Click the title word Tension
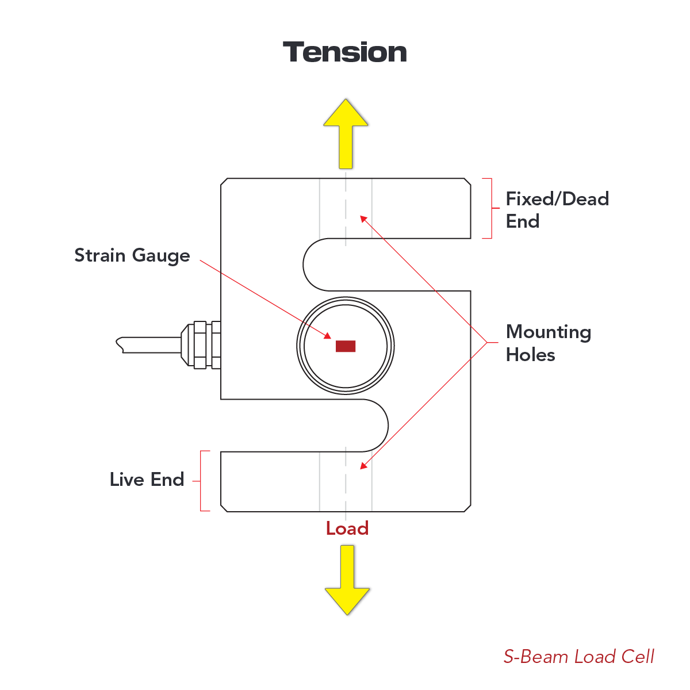click(345, 52)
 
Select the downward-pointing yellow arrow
click(347, 581)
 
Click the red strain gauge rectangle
click(346, 346)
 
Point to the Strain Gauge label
click(132, 256)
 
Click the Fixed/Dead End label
click(557, 210)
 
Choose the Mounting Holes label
click(548, 343)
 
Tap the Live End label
click(147, 480)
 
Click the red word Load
click(347, 528)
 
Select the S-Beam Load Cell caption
click(578, 657)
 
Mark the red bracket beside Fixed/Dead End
click(490, 208)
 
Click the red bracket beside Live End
click(202, 481)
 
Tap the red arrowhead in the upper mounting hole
click(363, 218)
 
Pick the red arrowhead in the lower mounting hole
click(363, 466)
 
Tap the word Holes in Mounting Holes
click(530, 355)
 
